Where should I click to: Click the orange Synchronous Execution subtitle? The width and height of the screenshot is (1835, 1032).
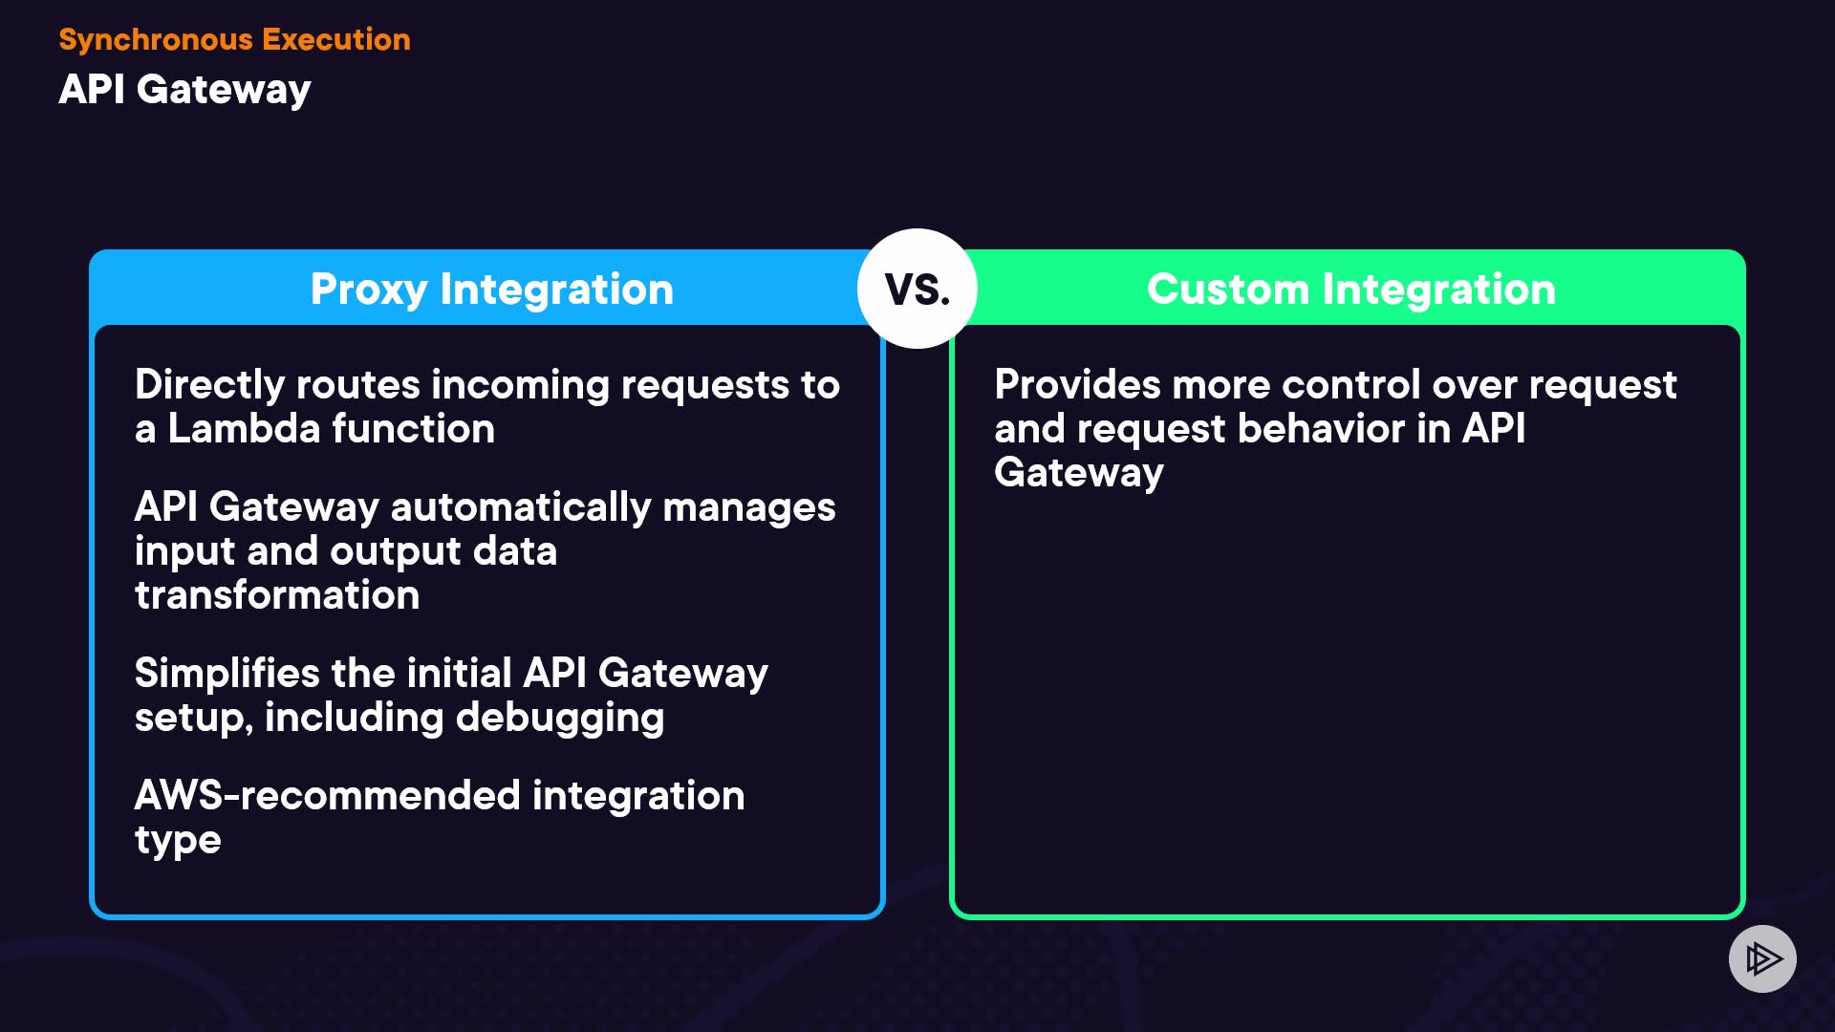(x=234, y=39)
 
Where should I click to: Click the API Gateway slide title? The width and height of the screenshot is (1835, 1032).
(x=184, y=90)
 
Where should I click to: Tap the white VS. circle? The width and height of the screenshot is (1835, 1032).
(x=917, y=289)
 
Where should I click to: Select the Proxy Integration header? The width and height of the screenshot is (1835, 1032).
(x=491, y=289)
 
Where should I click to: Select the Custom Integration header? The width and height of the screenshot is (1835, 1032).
(x=1351, y=289)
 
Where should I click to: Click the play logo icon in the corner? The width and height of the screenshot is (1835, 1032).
(x=1762, y=958)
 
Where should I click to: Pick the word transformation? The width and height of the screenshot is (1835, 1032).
(x=277, y=595)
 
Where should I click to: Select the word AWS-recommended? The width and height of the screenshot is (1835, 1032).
(x=327, y=795)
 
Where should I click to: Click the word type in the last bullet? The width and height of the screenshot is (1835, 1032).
(x=178, y=841)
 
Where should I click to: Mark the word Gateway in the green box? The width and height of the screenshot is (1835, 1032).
(x=1078, y=473)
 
